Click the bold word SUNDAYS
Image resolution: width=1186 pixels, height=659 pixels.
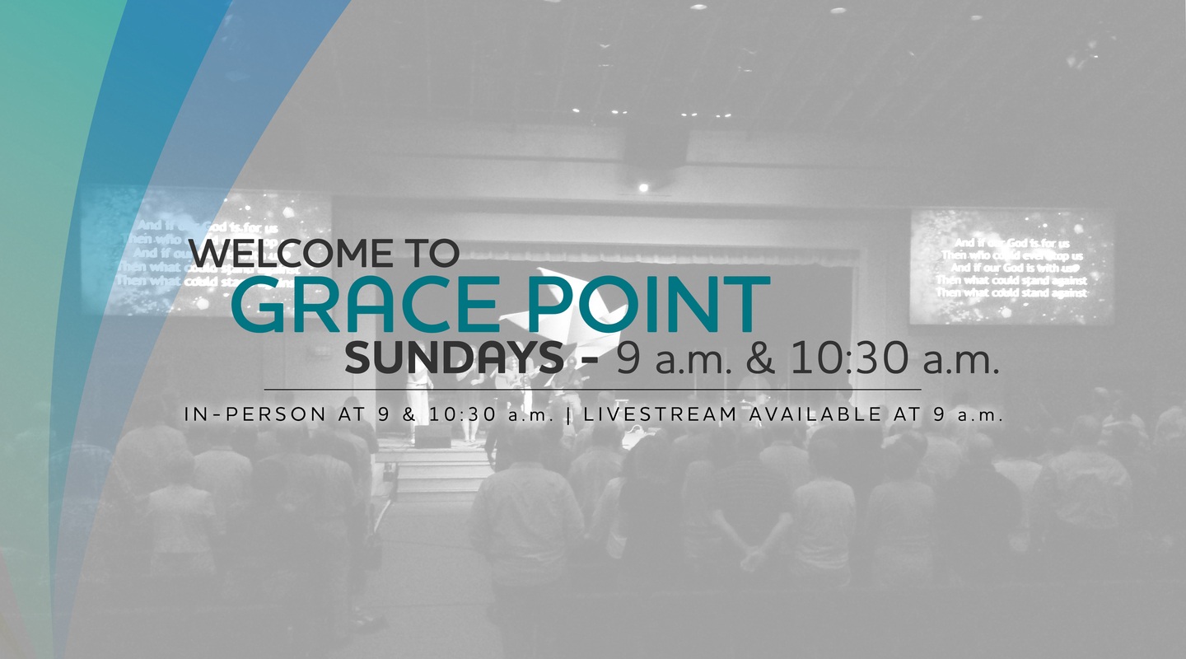pyautogui.click(x=454, y=358)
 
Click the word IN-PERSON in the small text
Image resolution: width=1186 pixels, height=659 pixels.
pyautogui.click(x=255, y=415)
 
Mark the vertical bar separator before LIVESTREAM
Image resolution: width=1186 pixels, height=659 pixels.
pyautogui.click(x=569, y=415)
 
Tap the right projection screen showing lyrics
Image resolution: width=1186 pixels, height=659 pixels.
pyautogui.click(x=1011, y=266)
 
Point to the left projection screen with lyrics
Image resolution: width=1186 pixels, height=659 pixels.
pyautogui.click(x=206, y=251)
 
